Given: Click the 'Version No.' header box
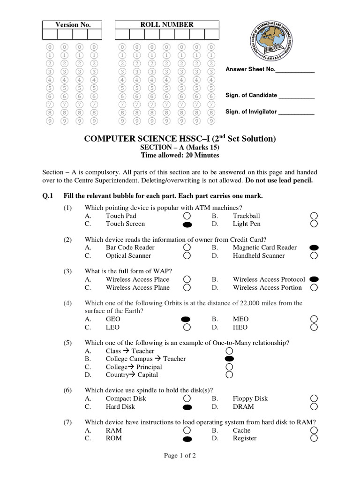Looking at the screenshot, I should click(73, 25).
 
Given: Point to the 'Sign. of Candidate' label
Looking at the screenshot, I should click(251, 95).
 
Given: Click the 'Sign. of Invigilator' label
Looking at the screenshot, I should click(251, 112).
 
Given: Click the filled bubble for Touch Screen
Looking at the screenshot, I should click(187, 225).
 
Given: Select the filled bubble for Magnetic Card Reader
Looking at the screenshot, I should click(314, 247).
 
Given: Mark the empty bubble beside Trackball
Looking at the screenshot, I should click(314, 216).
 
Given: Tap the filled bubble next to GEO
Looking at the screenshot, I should click(187, 319).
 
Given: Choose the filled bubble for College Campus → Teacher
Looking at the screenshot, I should click(229, 359).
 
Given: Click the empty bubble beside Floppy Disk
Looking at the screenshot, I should click(314, 398).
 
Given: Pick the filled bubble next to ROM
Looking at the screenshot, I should click(187, 439).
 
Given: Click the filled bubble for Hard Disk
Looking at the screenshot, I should click(187, 407).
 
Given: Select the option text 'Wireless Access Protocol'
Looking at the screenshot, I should click(269, 279).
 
